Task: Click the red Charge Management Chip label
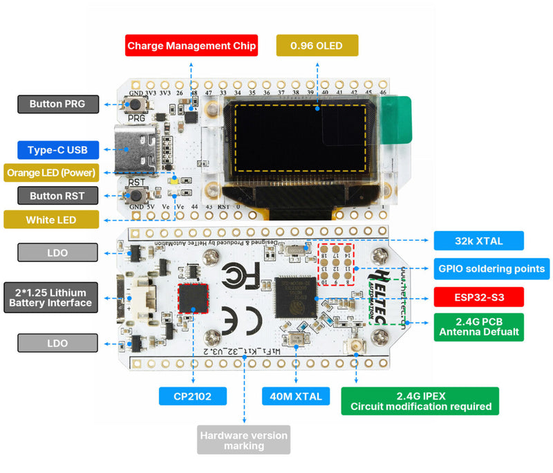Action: (x=191, y=46)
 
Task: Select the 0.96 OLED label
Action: (x=317, y=46)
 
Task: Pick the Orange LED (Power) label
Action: (x=50, y=172)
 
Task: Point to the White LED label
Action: (x=50, y=220)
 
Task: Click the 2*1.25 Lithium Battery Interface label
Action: (x=50, y=297)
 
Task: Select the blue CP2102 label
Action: (x=192, y=396)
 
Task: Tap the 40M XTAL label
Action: (x=296, y=396)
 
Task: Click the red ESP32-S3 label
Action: (x=478, y=297)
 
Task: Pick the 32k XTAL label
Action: (x=478, y=241)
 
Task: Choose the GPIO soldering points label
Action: (x=491, y=268)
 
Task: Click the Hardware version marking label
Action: (x=243, y=440)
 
